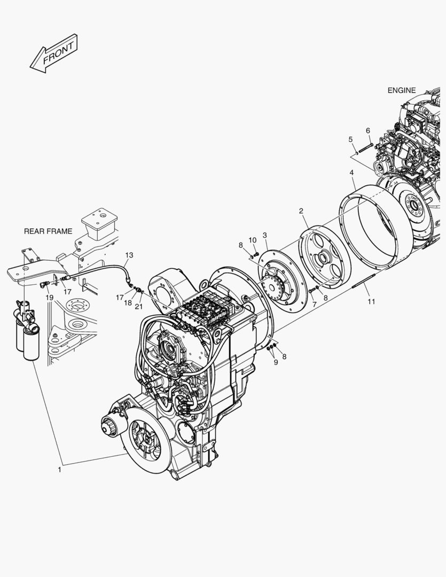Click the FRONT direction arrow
54,53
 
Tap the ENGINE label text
401,90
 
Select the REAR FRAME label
48,231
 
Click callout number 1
60,470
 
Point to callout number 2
301,211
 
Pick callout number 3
265,235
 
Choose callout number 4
351,173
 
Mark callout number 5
350,139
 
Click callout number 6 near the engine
368,130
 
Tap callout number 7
314,303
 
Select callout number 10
253,240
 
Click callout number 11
371,301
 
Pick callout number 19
49,297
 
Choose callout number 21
139,306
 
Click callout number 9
276,362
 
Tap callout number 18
128,302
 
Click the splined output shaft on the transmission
110,428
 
